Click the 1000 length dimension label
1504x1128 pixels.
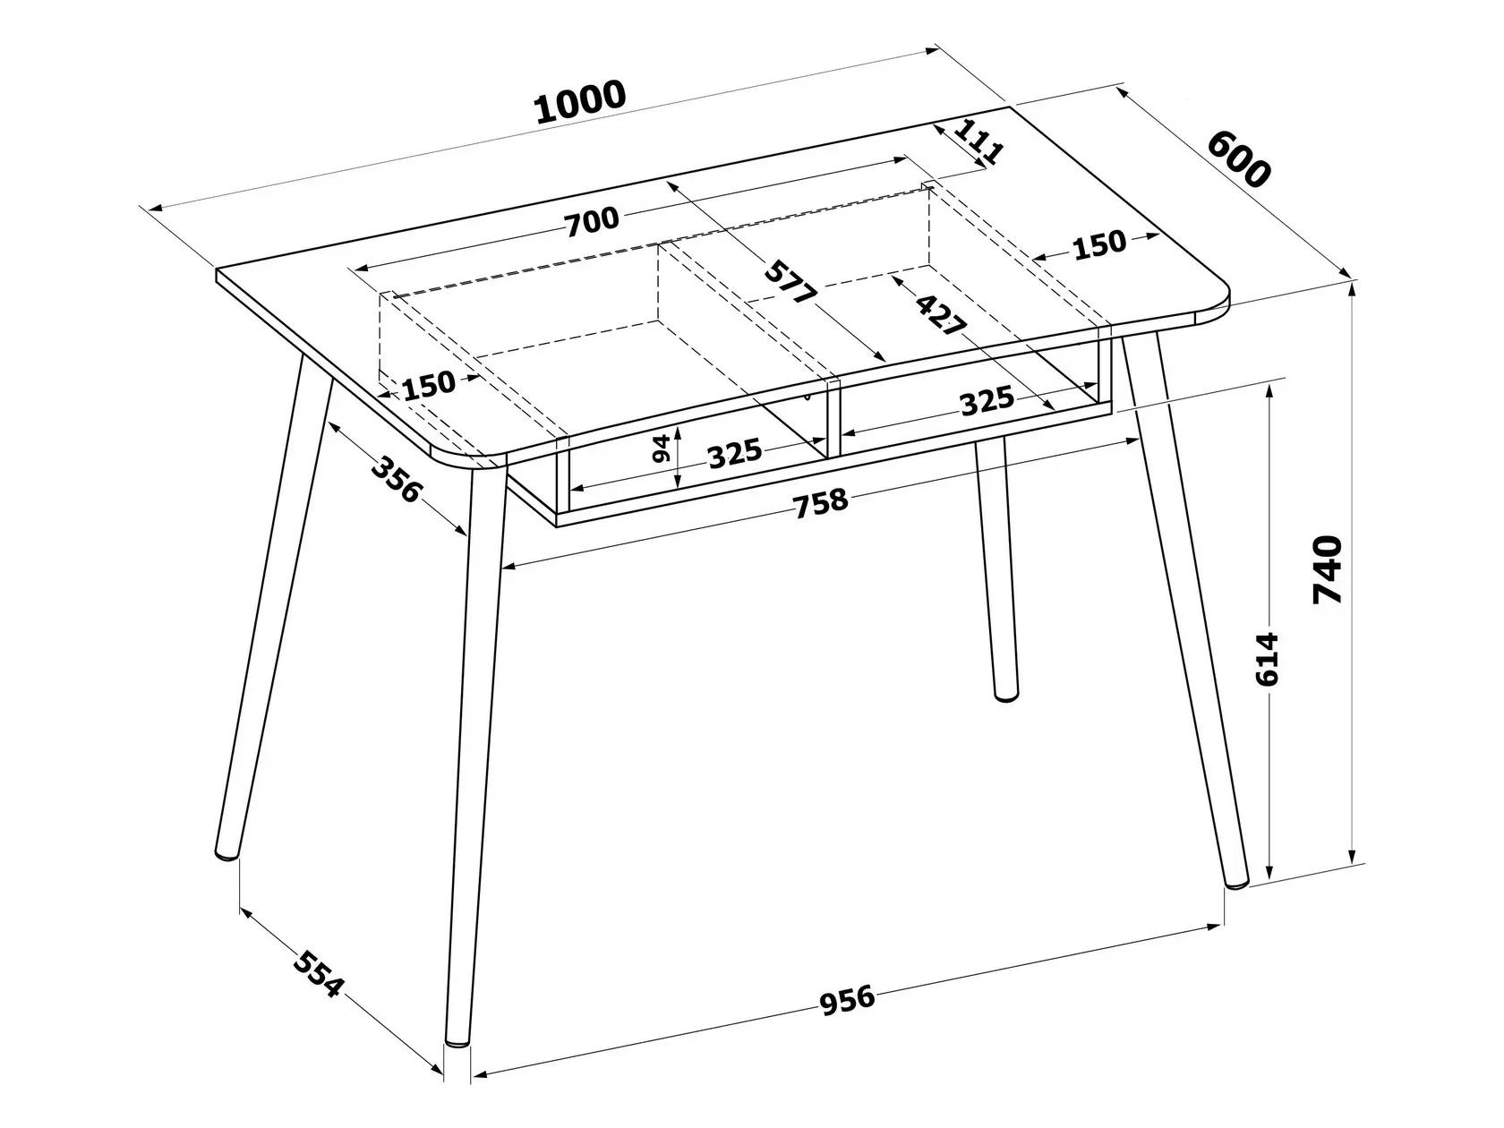click(x=580, y=103)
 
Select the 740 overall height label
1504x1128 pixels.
click(x=1328, y=569)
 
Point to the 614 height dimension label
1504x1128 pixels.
click(x=1267, y=659)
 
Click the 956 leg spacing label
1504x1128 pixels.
click(x=848, y=1000)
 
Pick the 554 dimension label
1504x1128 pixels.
click(x=317, y=974)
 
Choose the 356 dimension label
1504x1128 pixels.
click(x=396, y=479)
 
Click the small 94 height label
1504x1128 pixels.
click(x=661, y=448)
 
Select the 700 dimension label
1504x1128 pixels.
click(x=592, y=220)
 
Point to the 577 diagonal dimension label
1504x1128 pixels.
click(x=790, y=282)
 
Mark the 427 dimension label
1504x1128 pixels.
click(x=941, y=314)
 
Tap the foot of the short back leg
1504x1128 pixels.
click(x=1005, y=697)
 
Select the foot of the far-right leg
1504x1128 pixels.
click(x=1237, y=884)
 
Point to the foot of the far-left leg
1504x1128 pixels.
click(x=226, y=855)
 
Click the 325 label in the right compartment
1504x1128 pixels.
click(x=987, y=401)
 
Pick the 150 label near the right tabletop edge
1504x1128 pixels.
click(x=1099, y=244)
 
